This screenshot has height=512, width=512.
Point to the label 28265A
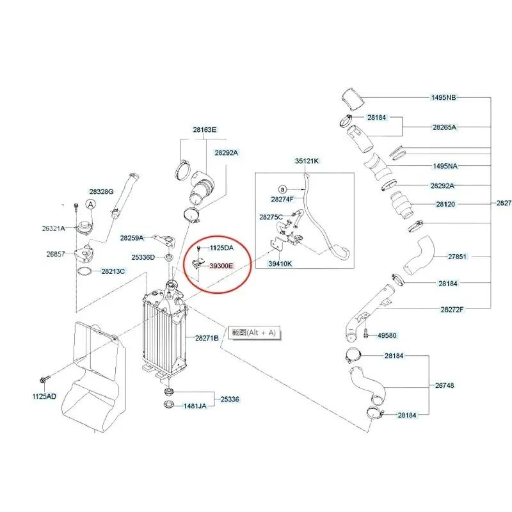point(444,127)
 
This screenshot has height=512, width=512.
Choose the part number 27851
point(458,256)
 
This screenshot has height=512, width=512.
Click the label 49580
point(387,335)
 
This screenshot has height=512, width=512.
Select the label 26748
point(444,385)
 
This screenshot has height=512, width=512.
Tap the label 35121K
point(307,161)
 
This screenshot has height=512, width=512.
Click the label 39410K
point(280,263)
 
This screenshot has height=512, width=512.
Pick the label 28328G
point(101,191)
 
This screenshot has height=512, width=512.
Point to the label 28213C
point(113,271)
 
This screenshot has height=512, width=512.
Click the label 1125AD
point(44,396)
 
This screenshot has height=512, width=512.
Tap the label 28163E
point(205,130)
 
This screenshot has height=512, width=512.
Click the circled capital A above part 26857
point(91,204)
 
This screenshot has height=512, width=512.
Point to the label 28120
point(445,205)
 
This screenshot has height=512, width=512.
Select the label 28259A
point(132,237)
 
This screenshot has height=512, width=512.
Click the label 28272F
point(451,309)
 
